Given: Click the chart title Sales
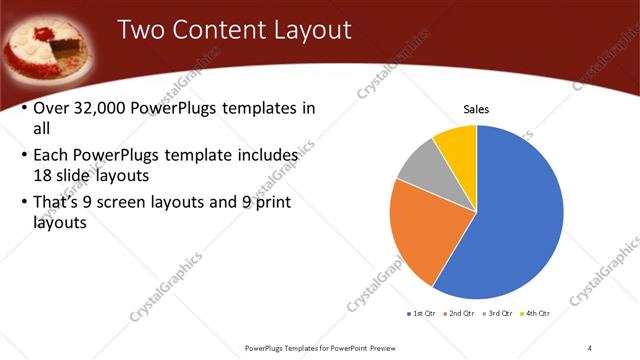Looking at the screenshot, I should [476, 109].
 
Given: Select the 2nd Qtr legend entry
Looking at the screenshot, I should [459, 313].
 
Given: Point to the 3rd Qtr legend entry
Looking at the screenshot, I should [498, 313].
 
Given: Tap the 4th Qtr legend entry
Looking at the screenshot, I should [535, 313].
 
